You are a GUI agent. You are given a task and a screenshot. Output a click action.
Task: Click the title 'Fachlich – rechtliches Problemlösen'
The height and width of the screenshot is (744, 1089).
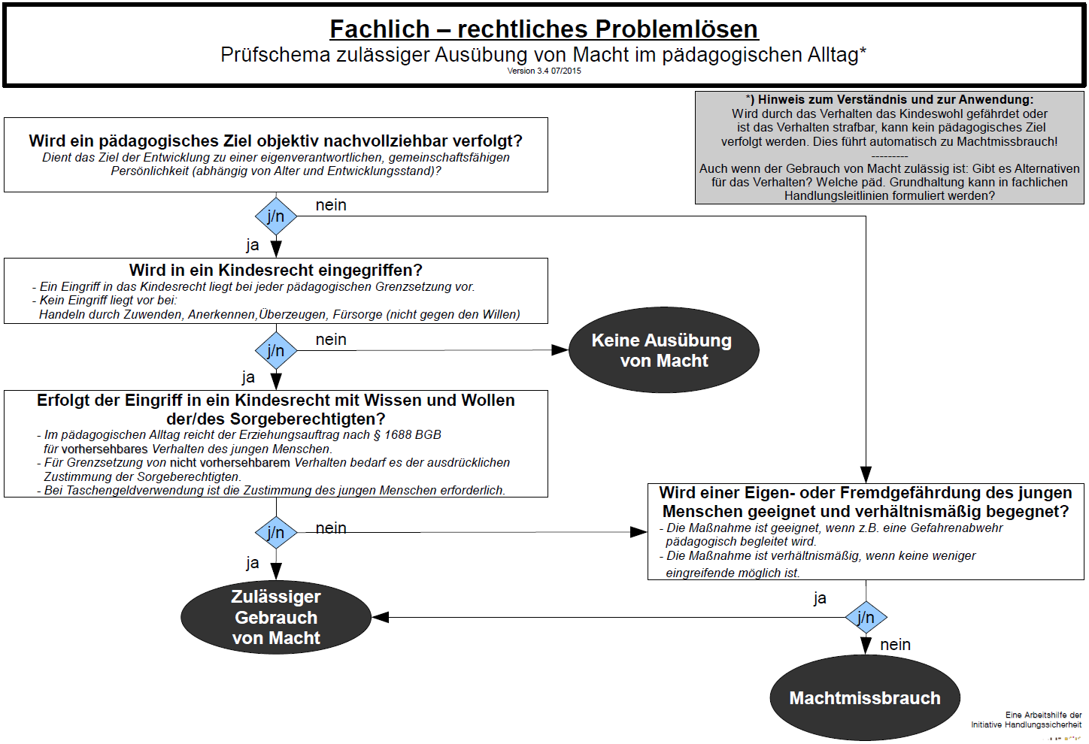point(544,29)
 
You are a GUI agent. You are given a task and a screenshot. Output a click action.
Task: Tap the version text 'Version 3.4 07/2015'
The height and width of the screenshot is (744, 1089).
point(544,71)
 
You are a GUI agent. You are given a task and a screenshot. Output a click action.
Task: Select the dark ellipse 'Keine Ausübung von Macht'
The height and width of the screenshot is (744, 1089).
point(663,350)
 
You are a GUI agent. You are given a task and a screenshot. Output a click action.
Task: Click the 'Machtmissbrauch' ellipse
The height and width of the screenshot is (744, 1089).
point(865,698)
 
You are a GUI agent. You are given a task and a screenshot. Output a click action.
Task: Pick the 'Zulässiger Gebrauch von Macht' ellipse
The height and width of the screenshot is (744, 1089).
point(276,617)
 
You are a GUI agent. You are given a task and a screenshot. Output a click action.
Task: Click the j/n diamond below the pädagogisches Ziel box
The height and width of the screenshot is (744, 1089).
point(276,216)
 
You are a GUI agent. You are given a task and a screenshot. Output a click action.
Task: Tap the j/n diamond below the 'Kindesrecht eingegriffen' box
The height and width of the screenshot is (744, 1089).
point(276,350)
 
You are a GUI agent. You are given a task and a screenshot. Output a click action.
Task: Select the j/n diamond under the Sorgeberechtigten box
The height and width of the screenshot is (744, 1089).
point(276,532)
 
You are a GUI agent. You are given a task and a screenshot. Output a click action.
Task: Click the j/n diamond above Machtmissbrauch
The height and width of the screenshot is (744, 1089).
point(866,617)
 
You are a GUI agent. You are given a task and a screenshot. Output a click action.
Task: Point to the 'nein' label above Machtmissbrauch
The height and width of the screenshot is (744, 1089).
point(895,645)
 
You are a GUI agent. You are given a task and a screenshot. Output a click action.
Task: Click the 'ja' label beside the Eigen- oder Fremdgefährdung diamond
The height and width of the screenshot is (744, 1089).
point(820,598)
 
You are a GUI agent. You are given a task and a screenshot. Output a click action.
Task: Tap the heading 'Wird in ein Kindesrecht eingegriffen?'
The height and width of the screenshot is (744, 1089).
point(276,271)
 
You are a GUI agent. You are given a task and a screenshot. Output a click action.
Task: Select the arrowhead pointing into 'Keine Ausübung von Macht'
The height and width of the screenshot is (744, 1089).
point(560,350)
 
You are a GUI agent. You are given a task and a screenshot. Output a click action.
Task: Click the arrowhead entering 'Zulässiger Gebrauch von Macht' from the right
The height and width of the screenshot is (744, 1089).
point(381,617)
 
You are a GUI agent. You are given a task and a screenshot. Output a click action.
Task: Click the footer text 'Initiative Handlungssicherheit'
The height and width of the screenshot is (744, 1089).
point(1027,724)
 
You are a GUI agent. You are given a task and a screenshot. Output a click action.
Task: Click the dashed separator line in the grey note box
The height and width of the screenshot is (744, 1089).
point(890,156)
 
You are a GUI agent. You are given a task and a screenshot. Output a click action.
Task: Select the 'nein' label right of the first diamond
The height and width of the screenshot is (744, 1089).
point(331,205)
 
